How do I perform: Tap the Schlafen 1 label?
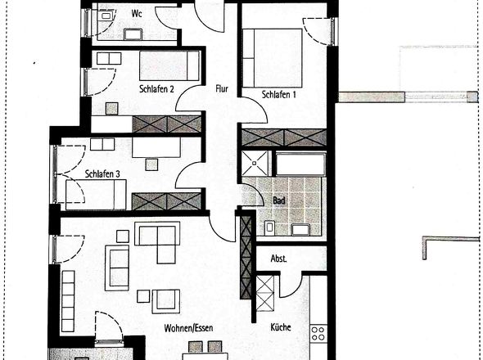[278, 95]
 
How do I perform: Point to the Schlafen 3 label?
[102, 173]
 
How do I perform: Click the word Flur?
[221, 89]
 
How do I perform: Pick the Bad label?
[278, 199]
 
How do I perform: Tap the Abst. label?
[279, 258]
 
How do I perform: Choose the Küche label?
[281, 327]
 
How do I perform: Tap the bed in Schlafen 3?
[96, 195]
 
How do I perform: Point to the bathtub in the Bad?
[300, 164]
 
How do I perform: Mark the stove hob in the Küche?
[317, 336]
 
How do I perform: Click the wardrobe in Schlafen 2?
[166, 124]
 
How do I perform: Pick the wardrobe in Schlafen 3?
[166, 200]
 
